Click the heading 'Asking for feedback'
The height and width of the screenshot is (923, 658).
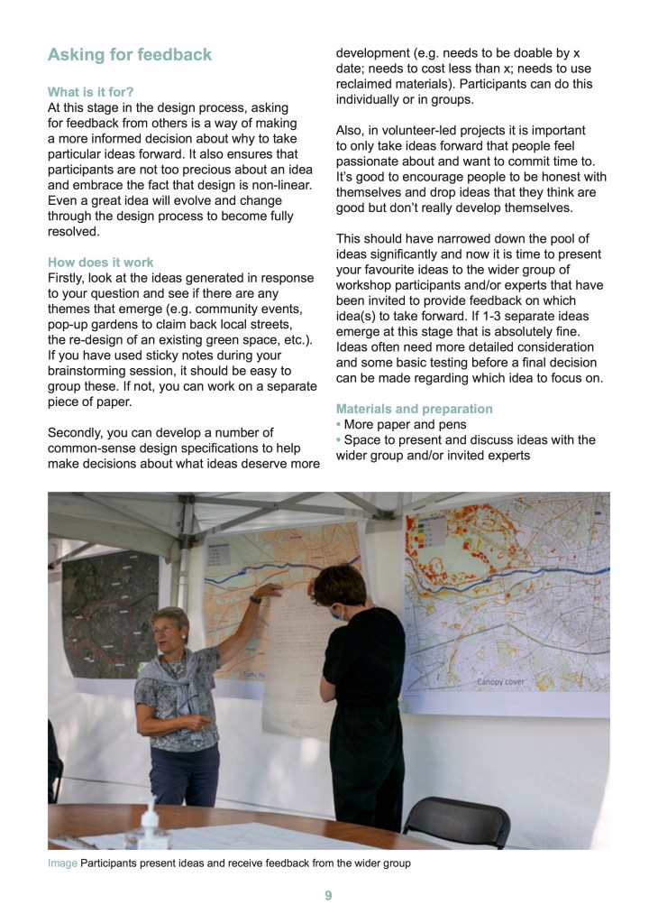[129, 55]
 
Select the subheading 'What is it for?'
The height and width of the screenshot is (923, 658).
[90, 91]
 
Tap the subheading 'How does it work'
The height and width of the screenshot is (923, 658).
[100, 263]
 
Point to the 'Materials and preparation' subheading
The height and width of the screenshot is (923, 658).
[414, 409]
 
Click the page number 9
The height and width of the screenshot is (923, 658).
[329, 896]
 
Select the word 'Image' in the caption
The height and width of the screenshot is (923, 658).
[62, 863]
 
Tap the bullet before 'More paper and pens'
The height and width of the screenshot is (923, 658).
[339, 425]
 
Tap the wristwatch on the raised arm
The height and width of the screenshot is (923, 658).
[256, 599]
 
